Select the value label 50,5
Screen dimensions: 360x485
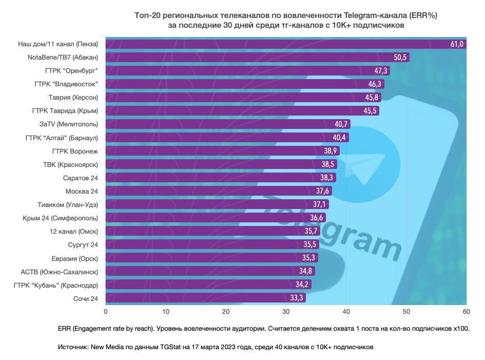click(400, 58)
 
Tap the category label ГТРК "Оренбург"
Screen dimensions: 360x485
click(71, 71)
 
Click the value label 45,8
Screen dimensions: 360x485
click(372, 98)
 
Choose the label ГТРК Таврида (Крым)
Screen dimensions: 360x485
click(65, 111)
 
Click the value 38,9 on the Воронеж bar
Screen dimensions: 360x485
click(330, 151)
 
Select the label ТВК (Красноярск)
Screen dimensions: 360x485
click(70, 164)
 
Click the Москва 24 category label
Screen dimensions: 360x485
click(82, 191)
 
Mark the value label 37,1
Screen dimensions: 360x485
click(319, 204)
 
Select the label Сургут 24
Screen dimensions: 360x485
click(83, 244)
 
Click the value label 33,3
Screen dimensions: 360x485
click(296, 298)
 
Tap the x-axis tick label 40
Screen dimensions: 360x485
click(346, 311)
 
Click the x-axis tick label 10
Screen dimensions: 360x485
click(166, 311)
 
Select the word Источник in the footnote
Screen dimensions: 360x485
click(73, 347)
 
